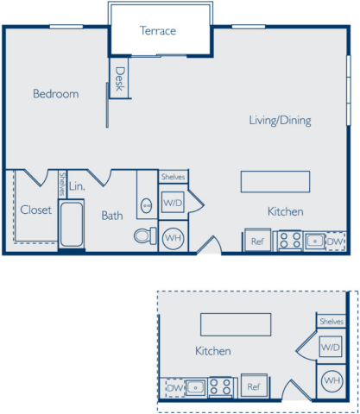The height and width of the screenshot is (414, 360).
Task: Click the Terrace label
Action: pos(158,31)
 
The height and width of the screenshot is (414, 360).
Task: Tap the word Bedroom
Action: pos(56,94)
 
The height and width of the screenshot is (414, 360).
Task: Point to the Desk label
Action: pos(120,79)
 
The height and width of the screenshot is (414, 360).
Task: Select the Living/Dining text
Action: pos(280,121)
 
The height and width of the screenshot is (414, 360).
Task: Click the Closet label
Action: pos(36,210)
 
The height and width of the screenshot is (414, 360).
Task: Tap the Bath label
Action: pos(112,216)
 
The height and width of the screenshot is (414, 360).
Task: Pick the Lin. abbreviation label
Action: pos(77,186)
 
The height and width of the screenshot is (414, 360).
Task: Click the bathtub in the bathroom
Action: pos(72,224)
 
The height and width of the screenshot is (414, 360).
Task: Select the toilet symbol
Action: pos(145,235)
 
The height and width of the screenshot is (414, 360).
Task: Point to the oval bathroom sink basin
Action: pos(147,205)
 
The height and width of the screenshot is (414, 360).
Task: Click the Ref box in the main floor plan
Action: pos(257,241)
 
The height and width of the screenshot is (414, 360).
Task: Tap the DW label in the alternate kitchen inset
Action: pos(175,388)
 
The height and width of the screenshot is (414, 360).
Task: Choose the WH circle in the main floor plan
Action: pos(174,238)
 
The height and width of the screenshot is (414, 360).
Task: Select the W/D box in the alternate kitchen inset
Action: pos(331,347)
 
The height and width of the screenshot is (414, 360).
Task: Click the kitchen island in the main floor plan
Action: pos(275,182)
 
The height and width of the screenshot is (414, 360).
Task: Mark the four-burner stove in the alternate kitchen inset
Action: pos(220,387)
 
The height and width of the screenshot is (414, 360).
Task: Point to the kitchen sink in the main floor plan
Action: pos(315,241)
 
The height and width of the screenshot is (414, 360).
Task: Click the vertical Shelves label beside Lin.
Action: pos(62,184)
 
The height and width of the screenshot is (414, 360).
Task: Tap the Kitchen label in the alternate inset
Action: pos(213,351)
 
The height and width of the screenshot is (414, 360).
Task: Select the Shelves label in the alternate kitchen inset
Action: pos(332,322)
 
